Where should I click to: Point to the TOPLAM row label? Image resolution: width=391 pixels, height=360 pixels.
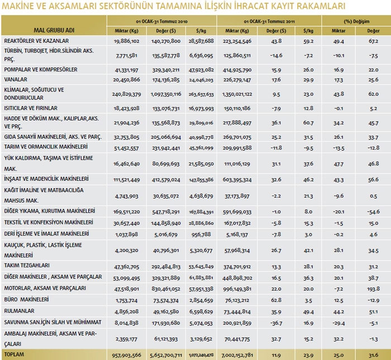point(15,354)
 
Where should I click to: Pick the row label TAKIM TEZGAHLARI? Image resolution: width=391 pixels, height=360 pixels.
point(26,266)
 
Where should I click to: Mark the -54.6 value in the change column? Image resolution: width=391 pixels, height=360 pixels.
point(373,212)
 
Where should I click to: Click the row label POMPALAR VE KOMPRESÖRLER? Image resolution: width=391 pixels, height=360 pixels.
point(40,69)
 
